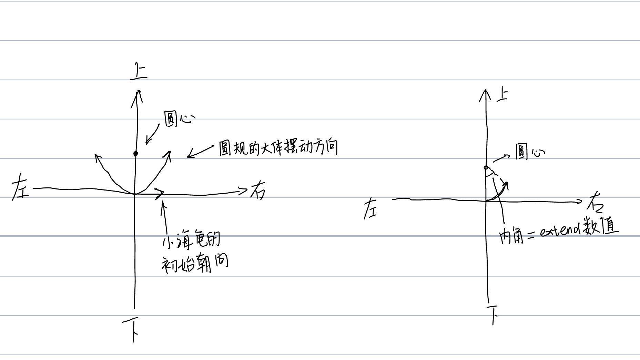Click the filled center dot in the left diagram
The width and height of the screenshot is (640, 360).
(135, 154)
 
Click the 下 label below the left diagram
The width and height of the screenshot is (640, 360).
(131, 329)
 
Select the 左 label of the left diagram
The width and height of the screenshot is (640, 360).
(20, 187)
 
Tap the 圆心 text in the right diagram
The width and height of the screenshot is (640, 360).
(530, 152)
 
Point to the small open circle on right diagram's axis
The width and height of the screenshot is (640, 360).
(486, 168)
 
